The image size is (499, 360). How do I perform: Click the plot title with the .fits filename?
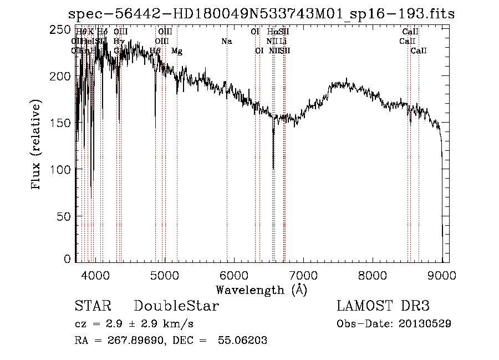tap(261, 14)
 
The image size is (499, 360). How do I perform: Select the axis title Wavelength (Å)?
tap(261, 290)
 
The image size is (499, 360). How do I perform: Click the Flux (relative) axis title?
tap(37, 145)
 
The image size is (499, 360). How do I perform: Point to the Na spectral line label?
tap(226, 41)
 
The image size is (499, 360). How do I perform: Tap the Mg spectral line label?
tap(177, 51)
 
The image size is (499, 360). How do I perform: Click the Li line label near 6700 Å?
tap(283, 41)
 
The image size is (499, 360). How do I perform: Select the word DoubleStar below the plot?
tap(176, 306)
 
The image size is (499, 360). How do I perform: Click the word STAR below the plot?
tap(93, 306)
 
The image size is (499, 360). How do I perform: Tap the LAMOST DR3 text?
tap(383, 306)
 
